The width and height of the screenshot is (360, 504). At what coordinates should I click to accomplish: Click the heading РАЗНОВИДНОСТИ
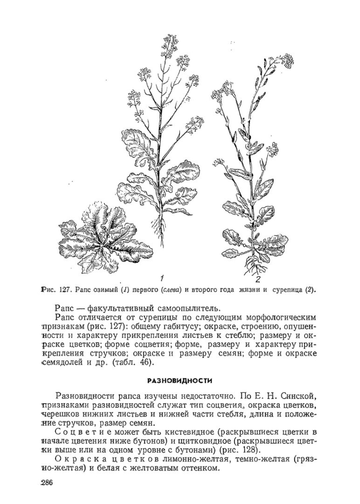(x=179, y=380)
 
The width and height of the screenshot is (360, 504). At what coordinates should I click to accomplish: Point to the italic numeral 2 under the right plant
(x=258, y=280)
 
